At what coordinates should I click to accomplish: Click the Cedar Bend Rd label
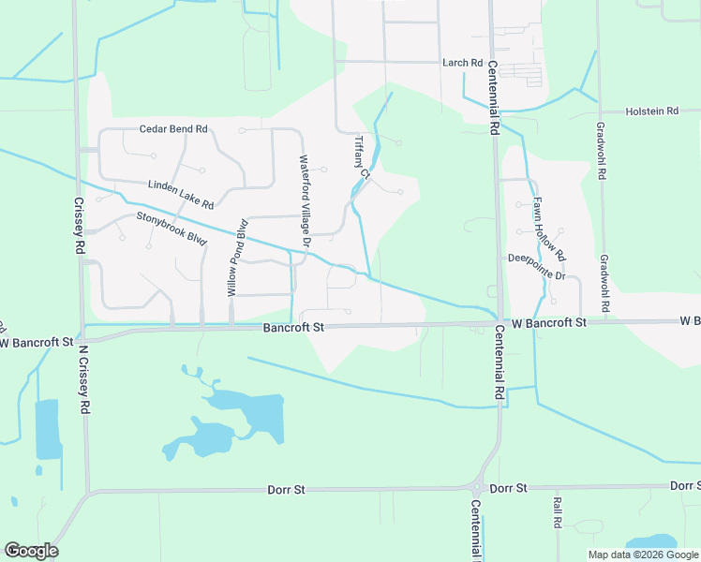pyautogui.click(x=173, y=129)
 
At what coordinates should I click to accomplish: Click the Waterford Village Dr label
pyautogui.click(x=305, y=200)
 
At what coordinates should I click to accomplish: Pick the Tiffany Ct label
pyautogui.click(x=363, y=158)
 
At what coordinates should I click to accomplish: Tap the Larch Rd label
pyautogui.click(x=462, y=63)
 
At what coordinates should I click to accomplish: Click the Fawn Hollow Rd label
pyautogui.click(x=549, y=229)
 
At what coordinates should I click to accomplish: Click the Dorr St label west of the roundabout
pyautogui.click(x=287, y=489)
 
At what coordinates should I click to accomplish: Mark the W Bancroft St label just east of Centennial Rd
pyautogui.click(x=549, y=322)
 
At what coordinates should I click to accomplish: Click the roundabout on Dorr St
pyautogui.click(x=477, y=488)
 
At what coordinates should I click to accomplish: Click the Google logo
pyautogui.click(x=31, y=551)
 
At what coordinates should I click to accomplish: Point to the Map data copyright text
pyautogui.click(x=642, y=555)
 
